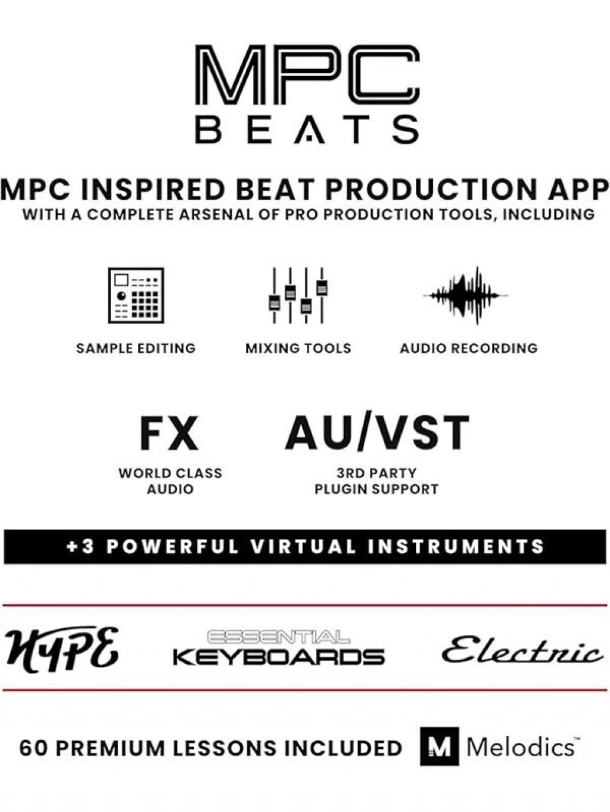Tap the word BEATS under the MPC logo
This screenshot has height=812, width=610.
tap(307, 129)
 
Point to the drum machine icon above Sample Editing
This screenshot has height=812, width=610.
tap(136, 295)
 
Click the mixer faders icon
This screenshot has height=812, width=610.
tap(298, 295)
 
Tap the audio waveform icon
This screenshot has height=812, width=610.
tap(466, 295)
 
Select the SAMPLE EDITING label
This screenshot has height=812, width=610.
tap(136, 349)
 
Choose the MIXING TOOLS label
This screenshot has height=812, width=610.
tap(298, 349)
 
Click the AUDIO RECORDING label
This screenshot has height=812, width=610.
tap(468, 349)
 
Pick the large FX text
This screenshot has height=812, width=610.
tap(169, 432)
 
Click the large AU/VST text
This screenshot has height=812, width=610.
tap(377, 432)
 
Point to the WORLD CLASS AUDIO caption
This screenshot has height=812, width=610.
tap(170, 481)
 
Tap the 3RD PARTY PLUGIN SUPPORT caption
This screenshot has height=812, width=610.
tap(376, 481)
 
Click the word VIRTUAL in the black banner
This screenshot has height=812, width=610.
tap(304, 547)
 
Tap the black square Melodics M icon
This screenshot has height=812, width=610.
tap(439, 747)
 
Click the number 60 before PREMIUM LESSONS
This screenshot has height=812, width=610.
tap(34, 748)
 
